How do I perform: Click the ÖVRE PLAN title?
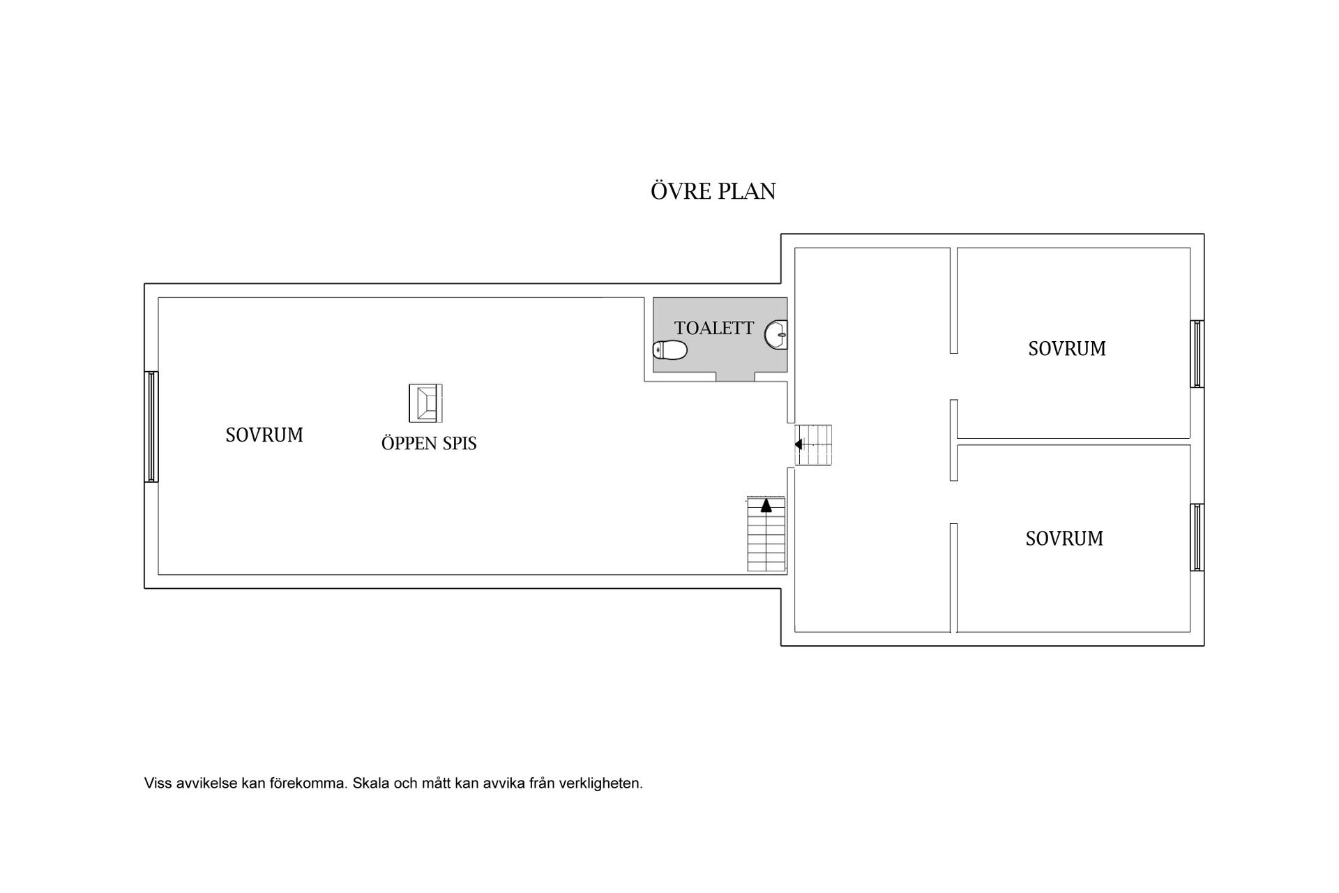[713, 190]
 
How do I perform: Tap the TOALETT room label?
[714, 328]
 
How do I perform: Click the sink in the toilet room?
[776, 334]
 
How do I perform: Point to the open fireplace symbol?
[425, 403]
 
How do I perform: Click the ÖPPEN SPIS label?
[429, 443]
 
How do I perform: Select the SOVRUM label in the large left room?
[264, 435]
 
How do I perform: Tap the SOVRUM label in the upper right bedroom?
[1067, 348]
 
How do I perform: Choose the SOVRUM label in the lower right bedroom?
[1064, 539]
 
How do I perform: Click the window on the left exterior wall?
[151, 426]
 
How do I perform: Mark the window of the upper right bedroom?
[1197, 354]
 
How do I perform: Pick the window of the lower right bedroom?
[1197, 537]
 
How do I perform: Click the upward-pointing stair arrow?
[766, 506]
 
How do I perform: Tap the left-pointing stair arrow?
[799, 444]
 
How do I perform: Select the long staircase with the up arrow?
[766, 534]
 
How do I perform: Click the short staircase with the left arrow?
[813, 445]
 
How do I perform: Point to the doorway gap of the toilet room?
[736, 377]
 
